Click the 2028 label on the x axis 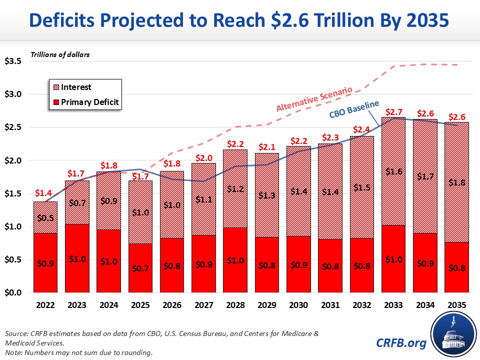(x=236, y=303)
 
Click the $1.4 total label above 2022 (x=44, y=193)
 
